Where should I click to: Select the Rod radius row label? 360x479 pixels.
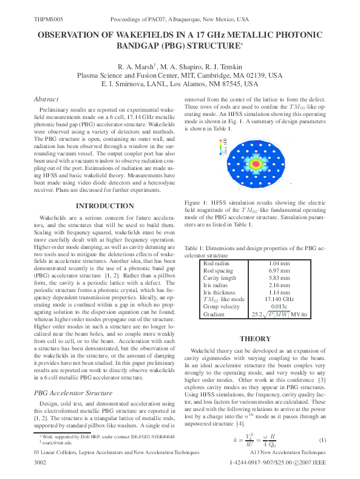click(216, 262)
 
